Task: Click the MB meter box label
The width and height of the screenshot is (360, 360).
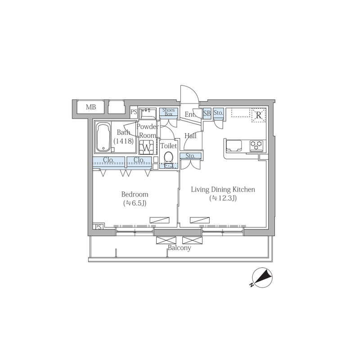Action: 91,107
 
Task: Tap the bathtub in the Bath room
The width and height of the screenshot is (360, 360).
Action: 103,137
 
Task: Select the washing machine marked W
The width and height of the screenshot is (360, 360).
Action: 147,147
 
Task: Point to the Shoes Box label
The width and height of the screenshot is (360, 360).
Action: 168,112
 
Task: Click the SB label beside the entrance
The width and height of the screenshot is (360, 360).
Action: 207,113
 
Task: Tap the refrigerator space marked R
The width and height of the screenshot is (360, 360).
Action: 259,115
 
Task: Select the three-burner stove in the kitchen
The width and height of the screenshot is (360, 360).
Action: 256,145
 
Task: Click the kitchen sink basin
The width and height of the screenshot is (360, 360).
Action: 234,145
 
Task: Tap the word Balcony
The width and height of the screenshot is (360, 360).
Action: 179,248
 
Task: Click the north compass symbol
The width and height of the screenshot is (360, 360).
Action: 262,278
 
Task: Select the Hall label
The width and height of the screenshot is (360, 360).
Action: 190,136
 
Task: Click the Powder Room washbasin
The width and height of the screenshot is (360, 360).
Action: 148,113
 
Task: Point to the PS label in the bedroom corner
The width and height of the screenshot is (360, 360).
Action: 98,227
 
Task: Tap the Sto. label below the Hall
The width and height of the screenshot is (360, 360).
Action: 190,156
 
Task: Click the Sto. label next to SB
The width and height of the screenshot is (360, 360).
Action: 218,113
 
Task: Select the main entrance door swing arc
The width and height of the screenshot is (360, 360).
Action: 192,92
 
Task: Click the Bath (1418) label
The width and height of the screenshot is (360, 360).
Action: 123,136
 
